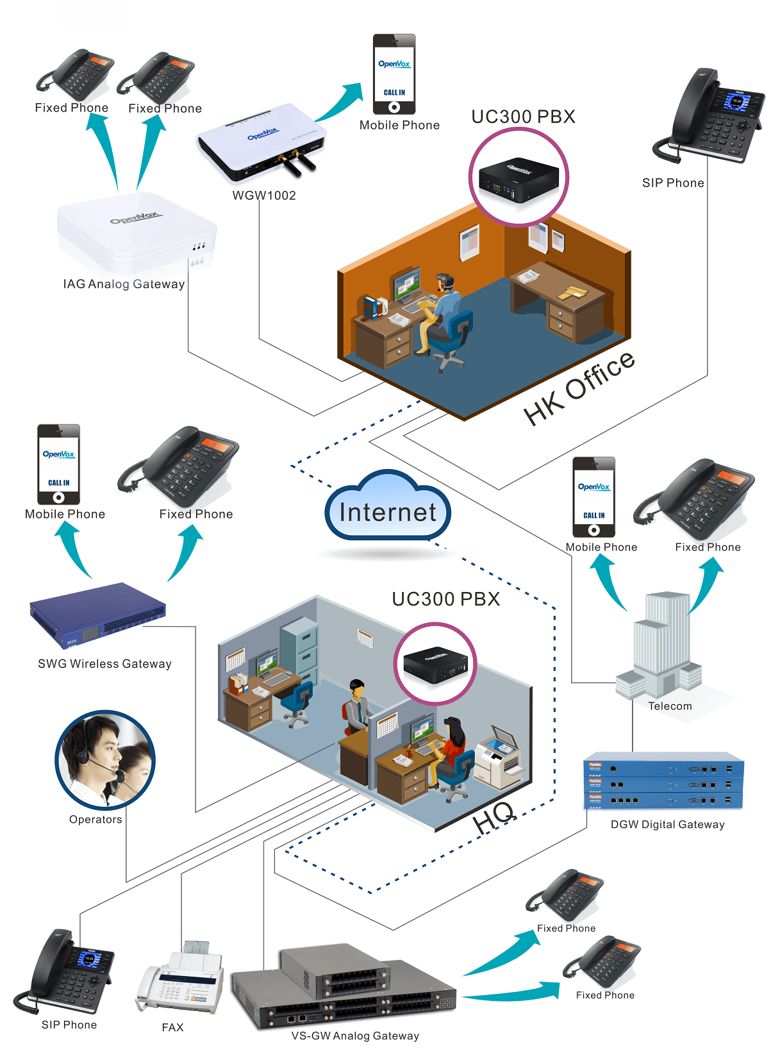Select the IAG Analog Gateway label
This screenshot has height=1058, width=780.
coord(124,284)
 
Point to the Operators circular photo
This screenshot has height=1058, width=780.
coord(104,760)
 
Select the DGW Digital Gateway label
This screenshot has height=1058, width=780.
coord(667,824)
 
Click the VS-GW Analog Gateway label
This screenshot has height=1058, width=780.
coord(355,1036)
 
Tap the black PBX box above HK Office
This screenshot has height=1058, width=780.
coord(519,179)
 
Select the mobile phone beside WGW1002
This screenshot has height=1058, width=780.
coord(394,74)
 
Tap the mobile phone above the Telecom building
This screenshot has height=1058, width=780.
coord(593,497)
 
